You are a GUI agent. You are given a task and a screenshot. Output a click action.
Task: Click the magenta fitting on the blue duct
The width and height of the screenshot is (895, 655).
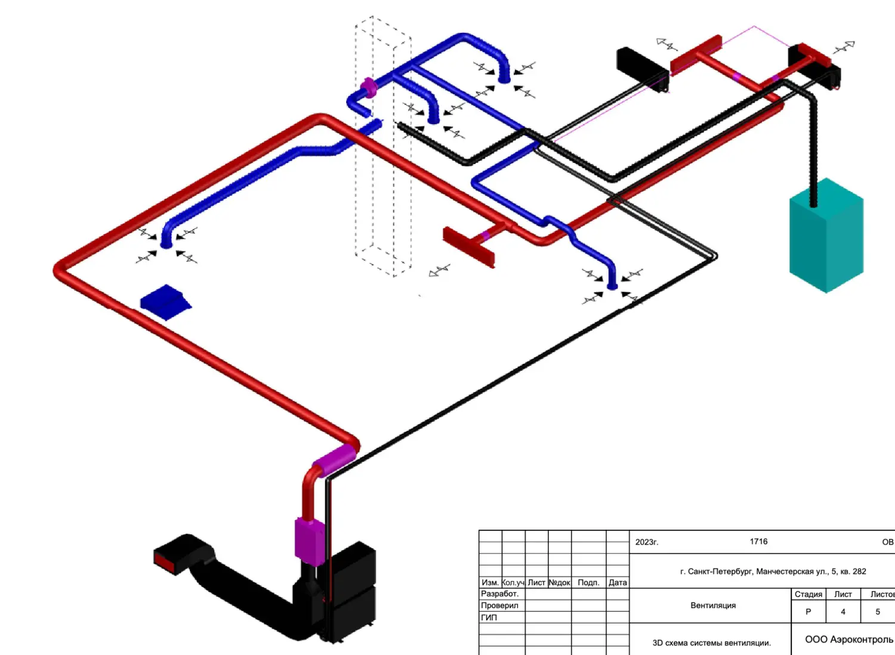coord(369,88)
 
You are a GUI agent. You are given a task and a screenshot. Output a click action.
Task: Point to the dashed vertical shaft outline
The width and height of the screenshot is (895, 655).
coord(383,149)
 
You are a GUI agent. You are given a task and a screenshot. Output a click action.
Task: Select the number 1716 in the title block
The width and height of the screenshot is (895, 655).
coord(758,542)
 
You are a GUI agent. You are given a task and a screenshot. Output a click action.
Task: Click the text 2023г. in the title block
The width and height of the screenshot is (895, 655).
coord(647,542)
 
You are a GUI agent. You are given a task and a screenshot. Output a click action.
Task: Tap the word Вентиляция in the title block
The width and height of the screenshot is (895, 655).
coord(713,605)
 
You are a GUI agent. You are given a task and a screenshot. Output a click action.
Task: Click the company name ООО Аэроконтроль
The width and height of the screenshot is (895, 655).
coord(848,639)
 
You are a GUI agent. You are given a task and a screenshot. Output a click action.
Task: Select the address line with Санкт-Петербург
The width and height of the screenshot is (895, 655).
coord(773,571)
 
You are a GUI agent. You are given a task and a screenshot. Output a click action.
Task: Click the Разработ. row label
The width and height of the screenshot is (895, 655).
coord(500,594)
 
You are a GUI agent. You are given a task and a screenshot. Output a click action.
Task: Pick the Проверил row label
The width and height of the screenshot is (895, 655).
coord(500,605)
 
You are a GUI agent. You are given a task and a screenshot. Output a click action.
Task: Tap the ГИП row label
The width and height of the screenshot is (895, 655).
coord(489,617)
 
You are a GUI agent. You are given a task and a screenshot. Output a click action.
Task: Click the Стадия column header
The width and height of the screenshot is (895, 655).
coord(808,594)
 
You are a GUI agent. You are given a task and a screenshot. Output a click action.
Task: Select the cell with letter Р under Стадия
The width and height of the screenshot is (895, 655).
coord(808,611)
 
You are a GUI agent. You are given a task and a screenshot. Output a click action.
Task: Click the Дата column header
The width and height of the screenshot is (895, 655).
coord(618,583)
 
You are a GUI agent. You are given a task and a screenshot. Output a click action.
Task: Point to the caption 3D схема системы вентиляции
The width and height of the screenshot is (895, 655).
coord(711,643)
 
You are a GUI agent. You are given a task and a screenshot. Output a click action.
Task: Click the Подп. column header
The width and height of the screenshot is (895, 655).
coord(588,583)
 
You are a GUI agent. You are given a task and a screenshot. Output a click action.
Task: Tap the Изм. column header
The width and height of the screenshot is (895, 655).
coord(490,583)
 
